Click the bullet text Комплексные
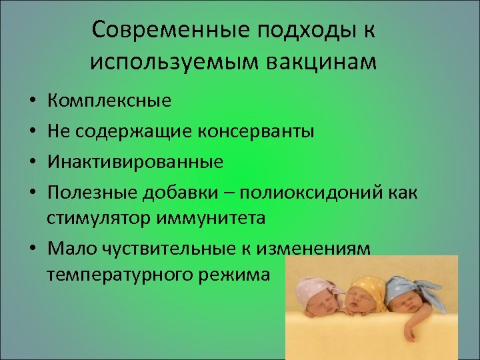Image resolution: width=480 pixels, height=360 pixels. [109, 101]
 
